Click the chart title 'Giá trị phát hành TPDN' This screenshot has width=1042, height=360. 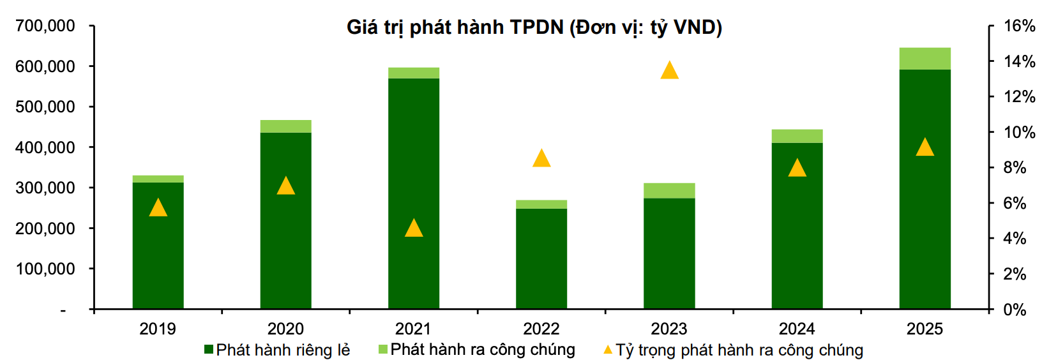point(534,27)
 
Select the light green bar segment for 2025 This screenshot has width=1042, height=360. point(925,59)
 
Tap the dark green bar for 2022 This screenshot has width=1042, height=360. point(541,259)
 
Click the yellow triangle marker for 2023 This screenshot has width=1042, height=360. point(669,71)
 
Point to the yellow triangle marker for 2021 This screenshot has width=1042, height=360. point(414,229)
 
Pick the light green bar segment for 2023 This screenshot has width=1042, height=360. point(669,191)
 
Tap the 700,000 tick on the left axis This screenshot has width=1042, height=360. point(45,26)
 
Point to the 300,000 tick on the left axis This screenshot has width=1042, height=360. point(45,188)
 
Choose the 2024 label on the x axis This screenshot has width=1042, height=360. point(797,329)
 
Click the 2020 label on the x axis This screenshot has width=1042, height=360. point(285,329)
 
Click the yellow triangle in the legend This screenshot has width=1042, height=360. point(608,350)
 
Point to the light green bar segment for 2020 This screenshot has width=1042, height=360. point(285,126)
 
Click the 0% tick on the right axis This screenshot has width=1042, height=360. point(1014,310)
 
